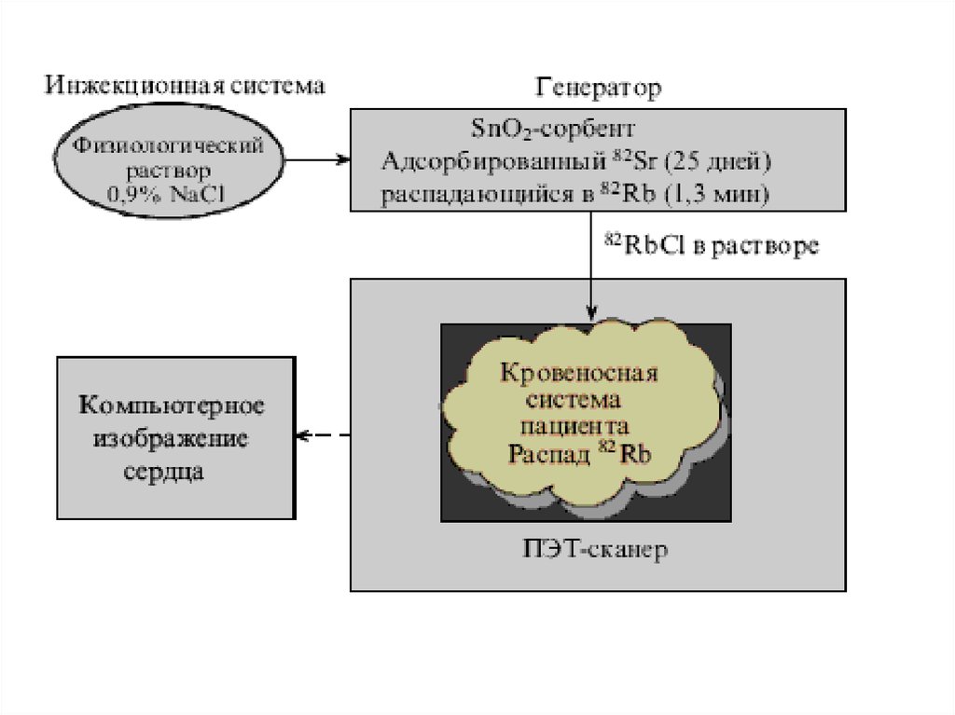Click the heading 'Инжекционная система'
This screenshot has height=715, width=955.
(x=187, y=86)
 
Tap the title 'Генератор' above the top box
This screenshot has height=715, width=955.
(x=598, y=89)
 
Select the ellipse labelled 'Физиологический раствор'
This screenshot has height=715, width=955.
(x=168, y=158)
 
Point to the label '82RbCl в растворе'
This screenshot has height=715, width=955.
(x=712, y=245)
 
